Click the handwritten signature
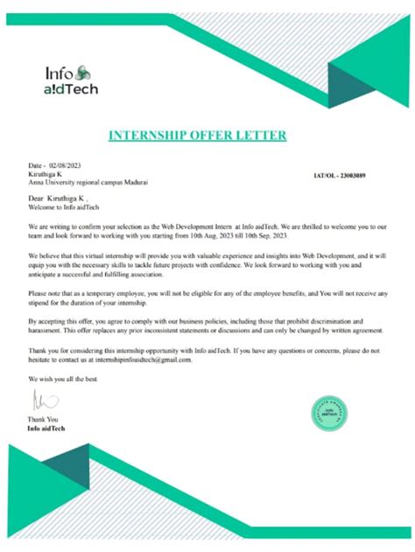(x=39, y=400)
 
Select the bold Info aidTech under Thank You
(x=46, y=429)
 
